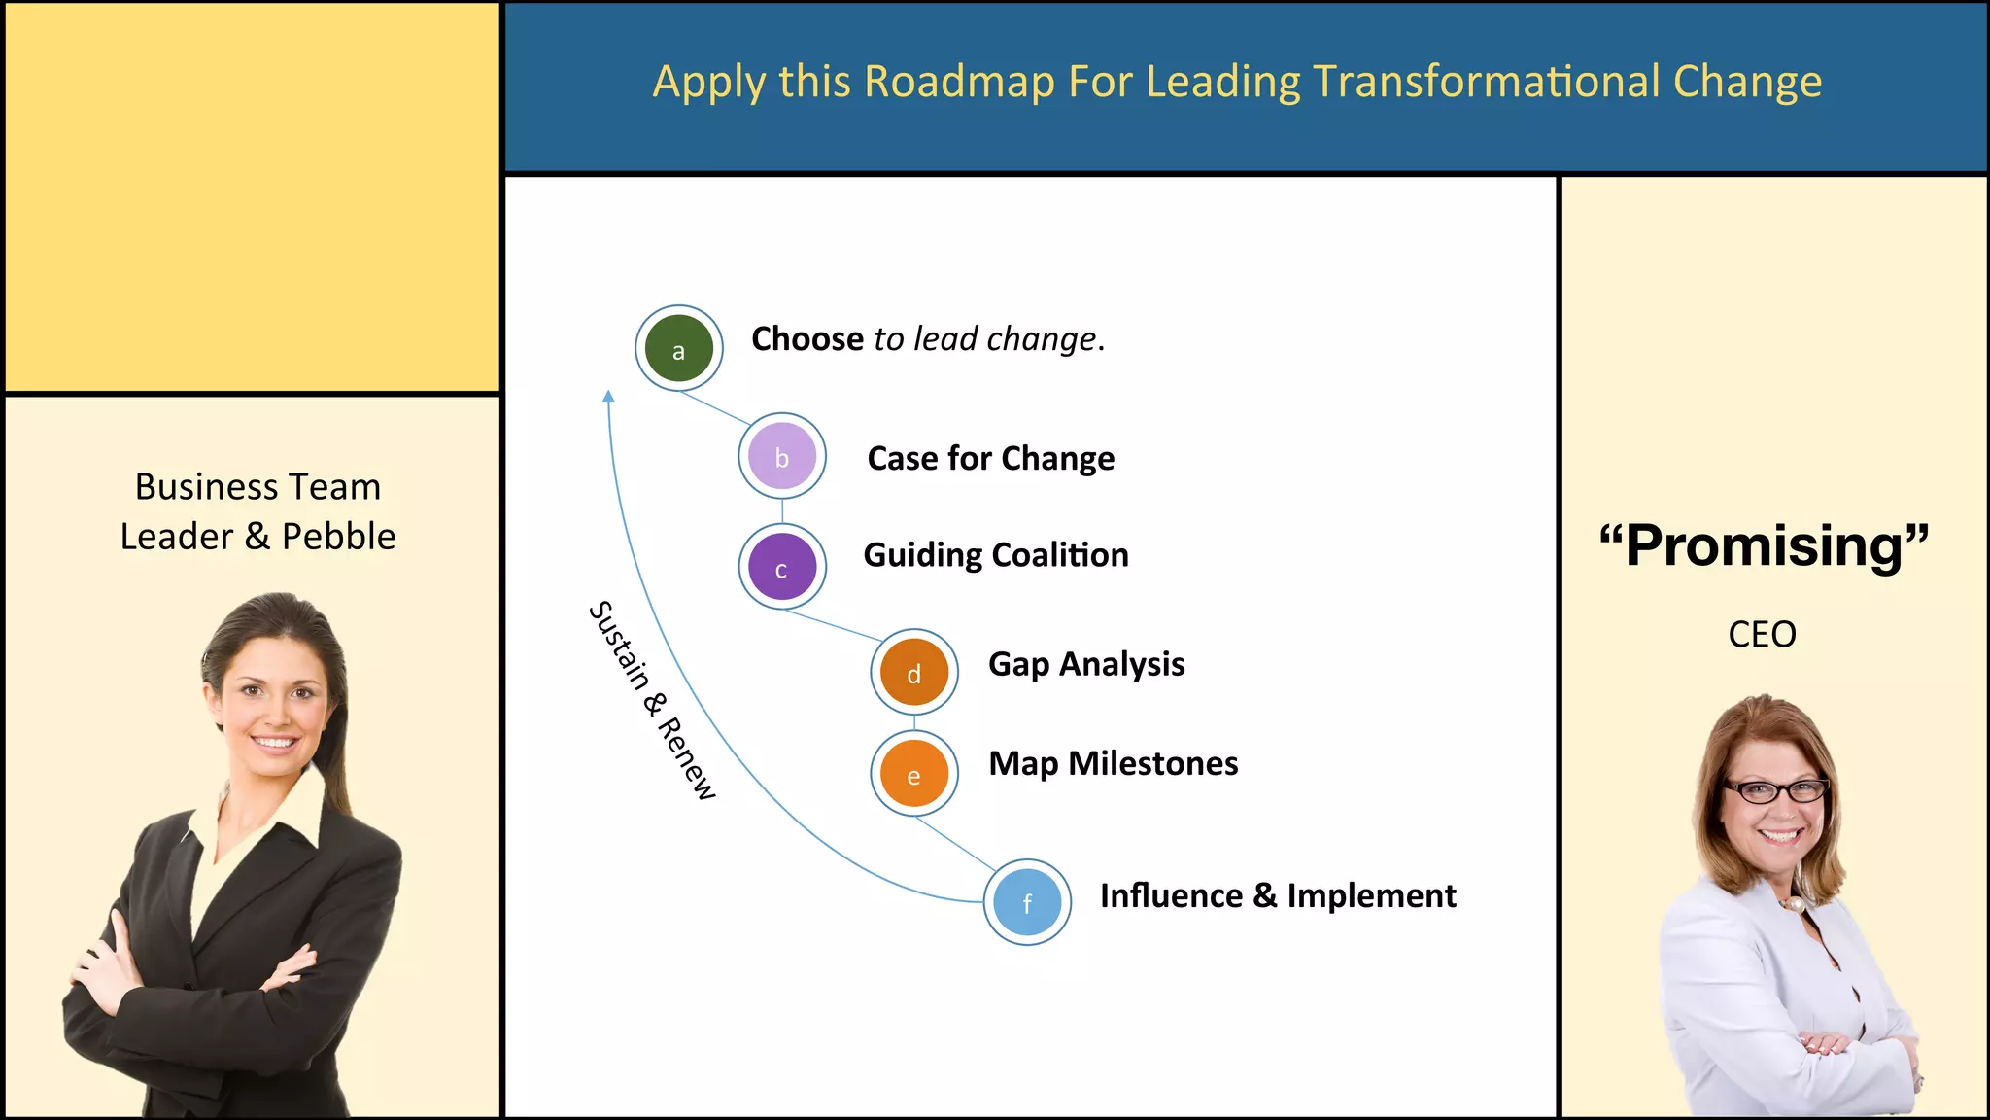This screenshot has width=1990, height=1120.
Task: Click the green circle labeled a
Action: tap(678, 348)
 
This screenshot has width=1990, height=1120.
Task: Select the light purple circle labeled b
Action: tap(782, 456)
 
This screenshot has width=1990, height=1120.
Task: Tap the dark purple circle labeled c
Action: tap(782, 567)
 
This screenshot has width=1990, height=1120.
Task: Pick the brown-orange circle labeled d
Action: tap(913, 672)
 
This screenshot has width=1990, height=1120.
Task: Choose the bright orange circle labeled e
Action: tap(913, 774)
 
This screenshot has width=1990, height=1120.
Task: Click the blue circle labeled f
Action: tap(1027, 902)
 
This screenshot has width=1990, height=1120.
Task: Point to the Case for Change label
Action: tap(990, 458)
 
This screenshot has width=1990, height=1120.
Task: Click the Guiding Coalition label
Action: tap(996, 555)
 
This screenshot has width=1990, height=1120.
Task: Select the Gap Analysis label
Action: tap(1086, 664)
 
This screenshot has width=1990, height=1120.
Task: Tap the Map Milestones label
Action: tap(1113, 763)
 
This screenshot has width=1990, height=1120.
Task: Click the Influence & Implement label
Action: tap(1277, 895)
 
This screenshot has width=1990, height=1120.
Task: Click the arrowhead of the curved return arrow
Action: tap(608, 396)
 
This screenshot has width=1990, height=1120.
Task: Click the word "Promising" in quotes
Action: tap(1763, 545)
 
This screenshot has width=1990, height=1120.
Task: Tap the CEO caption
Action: tap(1762, 635)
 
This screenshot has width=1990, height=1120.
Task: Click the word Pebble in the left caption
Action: tap(338, 537)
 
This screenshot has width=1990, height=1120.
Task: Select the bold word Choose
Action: tap(807, 339)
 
